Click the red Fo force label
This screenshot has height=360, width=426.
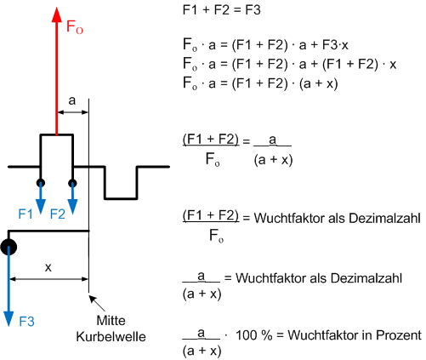(x=75, y=27)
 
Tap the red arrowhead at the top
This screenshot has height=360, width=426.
(x=57, y=14)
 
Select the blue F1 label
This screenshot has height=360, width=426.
(x=26, y=214)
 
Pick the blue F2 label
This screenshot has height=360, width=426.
(x=58, y=214)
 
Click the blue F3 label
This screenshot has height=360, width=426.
(x=26, y=322)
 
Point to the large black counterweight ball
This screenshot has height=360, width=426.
(x=9, y=247)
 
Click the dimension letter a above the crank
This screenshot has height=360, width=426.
(x=72, y=100)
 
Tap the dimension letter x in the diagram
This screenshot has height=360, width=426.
(x=48, y=267)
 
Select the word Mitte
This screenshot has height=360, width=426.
(x=111, y=321)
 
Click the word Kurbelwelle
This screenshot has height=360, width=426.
(x=111, y=337)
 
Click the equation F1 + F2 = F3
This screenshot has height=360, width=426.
(x=222, y=10)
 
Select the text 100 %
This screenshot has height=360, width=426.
(x=254, y=335)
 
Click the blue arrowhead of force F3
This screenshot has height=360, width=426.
(x=9, y=319)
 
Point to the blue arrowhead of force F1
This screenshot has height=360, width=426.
(x=41, y=206)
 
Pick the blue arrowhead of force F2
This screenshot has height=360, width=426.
(x=72, y=206)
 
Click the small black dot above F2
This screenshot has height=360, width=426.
(x=72, y=183)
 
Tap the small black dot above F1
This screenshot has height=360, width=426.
(x=41, y=183)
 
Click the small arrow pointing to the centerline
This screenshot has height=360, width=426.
(x=97, y=303)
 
